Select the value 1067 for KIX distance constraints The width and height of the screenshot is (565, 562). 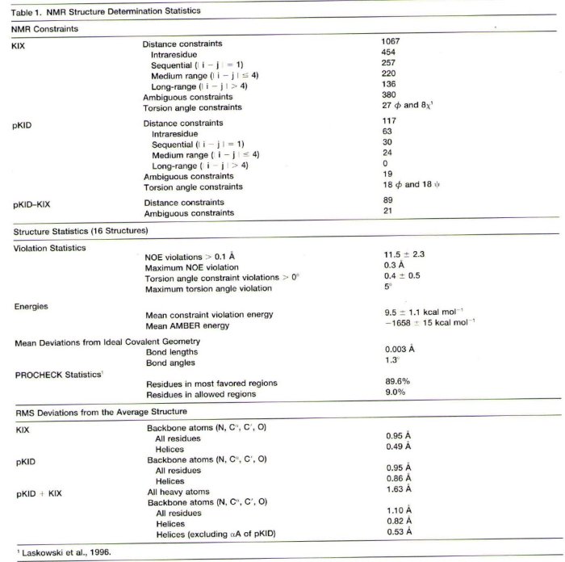click(x=391, y=40)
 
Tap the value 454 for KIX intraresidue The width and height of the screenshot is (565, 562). click(x=388, y=52)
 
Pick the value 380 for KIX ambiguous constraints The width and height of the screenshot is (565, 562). click(x=388, y=95)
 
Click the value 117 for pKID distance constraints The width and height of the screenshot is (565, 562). click(x=388, y=120)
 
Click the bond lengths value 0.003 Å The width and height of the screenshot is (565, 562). click(x=400, y=349)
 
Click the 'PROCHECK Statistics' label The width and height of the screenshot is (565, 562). click(x=53, y=374)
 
